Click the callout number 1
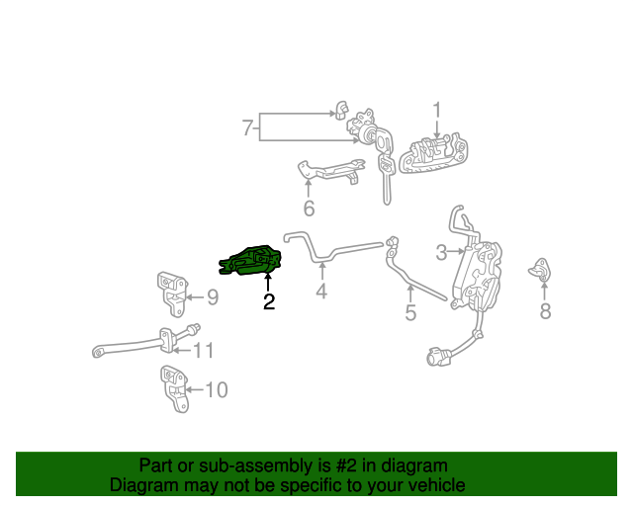436,110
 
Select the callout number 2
268,302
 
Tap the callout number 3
442,252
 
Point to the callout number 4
320,292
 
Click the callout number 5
410,313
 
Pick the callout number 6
309,209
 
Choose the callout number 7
248,127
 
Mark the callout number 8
545,312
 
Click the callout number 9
212,295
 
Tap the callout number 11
203,350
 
